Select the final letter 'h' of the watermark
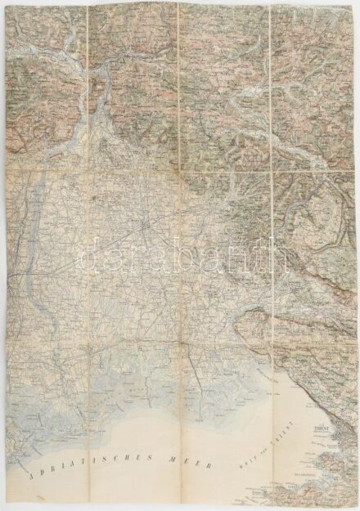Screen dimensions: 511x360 point(282,254)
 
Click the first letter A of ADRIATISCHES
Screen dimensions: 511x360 point(30,475)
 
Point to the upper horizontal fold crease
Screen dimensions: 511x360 point(180,168)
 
